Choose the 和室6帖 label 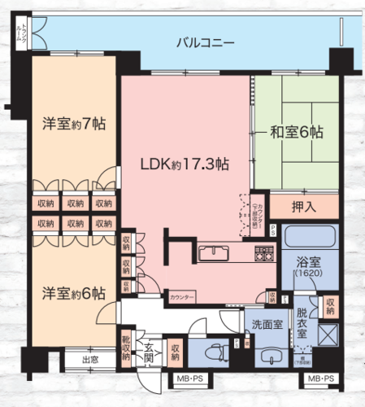[290, 131]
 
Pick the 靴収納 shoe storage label [127, 348]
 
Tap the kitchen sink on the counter [214, 251]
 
